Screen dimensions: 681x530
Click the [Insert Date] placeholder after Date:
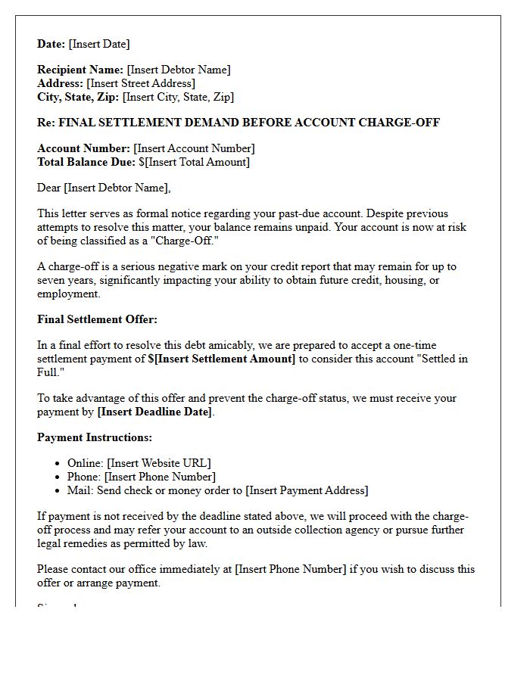click(x=99, y=44)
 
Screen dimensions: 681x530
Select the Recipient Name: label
click(x=80, y=70)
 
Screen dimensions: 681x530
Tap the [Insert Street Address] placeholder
click(x=141, y=83)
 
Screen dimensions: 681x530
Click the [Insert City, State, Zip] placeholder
click(x=178, y=97)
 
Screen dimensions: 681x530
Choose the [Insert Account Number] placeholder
click(x=194, y=148)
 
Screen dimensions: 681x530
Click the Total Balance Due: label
click(x=86, y=162)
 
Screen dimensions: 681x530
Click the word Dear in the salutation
click(x=49, y=188)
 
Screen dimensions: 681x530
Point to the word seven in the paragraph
click(x=52, y=280)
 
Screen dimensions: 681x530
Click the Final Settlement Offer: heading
click(x=97, y=319)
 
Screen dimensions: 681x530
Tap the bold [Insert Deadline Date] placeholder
click(x=155, y=412)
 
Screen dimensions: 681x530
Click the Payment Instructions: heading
click(x=95, y=437)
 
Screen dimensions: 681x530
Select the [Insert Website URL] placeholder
click(x=159, y=463)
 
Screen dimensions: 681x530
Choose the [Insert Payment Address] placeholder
click(x=307, y=490)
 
